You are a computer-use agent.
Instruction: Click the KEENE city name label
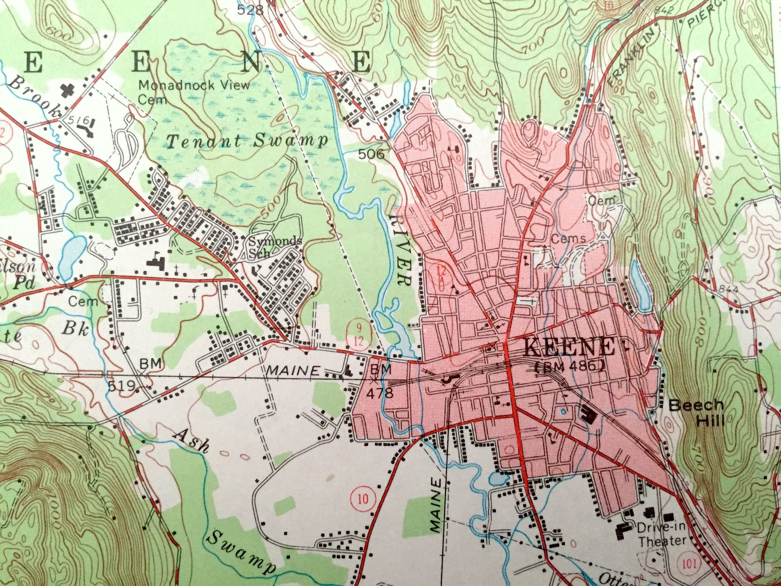coord(569,348)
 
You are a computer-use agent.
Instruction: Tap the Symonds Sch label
coord(274,247)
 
